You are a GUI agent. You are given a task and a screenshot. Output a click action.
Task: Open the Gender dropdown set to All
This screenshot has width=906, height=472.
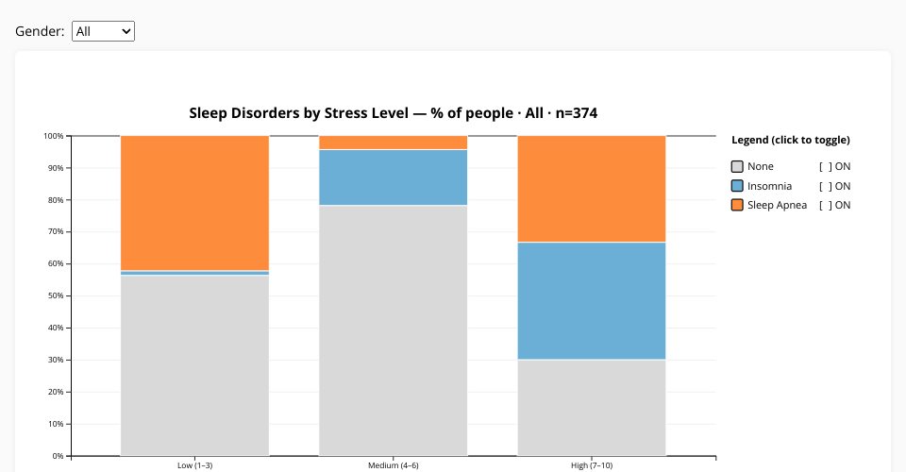click(x=104, y=31)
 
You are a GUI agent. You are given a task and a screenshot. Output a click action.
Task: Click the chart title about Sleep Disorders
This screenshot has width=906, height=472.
click(x=393, y=113)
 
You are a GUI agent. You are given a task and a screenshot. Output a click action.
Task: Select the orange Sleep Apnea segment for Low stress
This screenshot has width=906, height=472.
click(x=194, y=202)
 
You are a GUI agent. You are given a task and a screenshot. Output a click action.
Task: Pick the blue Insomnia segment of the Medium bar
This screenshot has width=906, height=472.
click(x=393, y=177)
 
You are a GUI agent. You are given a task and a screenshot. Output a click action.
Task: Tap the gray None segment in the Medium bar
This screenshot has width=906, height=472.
click(x=393, y=330)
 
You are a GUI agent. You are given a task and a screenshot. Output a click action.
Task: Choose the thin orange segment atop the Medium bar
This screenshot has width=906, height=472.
click(x=393, y=143)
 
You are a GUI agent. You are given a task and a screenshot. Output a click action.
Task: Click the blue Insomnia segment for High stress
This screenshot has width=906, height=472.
click(x=592, y=300)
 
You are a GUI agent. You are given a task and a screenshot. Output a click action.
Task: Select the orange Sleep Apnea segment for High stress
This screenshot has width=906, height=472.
click(x=592, y=189)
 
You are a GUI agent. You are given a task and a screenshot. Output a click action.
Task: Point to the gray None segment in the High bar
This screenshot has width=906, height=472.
click(x=592, y=407)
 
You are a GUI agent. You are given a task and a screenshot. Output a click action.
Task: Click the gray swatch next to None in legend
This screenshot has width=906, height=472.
click(x=737, y=167)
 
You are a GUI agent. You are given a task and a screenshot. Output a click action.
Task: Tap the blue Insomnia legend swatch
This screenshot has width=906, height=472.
click(x=737, y=186)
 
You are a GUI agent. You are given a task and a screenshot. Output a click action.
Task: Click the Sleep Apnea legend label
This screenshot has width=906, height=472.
click(x=777, y=205)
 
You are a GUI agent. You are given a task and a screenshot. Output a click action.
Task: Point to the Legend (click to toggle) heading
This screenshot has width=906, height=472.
click(x=790, y=140)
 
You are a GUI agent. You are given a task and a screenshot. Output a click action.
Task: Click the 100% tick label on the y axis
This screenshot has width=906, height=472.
click(x=53, y=136)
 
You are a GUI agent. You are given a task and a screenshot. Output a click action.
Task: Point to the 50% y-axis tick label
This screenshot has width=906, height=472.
click(x=55, y=295)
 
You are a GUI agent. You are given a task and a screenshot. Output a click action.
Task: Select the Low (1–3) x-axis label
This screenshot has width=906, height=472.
click(x=194, y=465)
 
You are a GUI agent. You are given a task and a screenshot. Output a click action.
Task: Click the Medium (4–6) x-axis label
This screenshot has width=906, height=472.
click(x=393, y=465)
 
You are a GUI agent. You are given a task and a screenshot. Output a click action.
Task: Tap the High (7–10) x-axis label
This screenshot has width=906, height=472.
click(x=592, y=465)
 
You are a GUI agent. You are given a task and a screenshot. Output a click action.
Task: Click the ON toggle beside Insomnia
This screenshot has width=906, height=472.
click(x=834, y=186)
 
